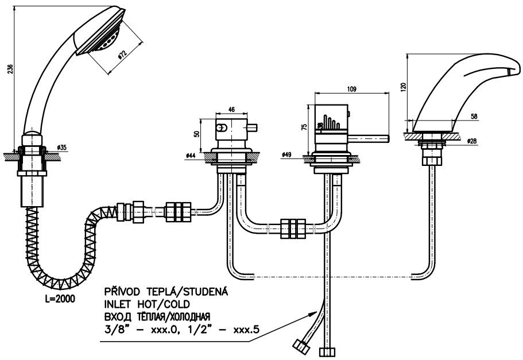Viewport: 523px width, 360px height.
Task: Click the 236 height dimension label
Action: point(10,69)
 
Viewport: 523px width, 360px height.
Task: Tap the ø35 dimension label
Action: point(61,147)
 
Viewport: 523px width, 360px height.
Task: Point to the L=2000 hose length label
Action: point(60,299)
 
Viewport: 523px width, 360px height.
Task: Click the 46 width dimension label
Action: point(231,110)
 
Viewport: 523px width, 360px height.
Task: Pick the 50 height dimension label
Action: point(197,133)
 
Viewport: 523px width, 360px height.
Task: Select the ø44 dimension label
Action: point(191,156)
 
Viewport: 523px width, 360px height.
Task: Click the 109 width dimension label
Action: point(351,89)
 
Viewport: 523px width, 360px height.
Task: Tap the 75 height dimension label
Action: point(304,127)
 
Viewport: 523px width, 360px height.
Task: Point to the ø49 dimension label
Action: point(286,154)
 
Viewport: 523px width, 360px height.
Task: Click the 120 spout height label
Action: point(404,87)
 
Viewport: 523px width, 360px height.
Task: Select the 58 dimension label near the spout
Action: point(474,117)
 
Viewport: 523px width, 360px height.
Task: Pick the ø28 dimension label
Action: point(472,141)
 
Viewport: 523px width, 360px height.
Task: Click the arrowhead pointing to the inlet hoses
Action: point(312,314)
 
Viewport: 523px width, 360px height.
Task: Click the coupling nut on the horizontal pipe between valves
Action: point(293,229)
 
